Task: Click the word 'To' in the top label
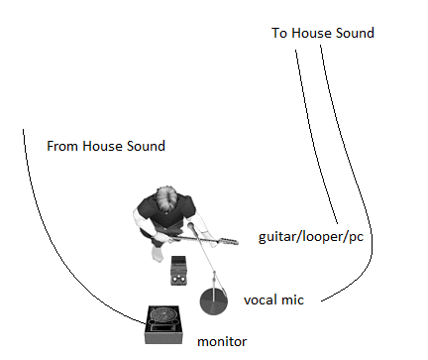(x=279, y=33)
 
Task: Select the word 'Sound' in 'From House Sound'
(x=144, y=146)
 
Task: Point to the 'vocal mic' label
(x=272, y=298)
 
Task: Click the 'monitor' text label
(x=222, y=341)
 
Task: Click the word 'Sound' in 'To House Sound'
(x=355, y=33)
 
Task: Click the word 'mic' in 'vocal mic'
(x=292, y=298)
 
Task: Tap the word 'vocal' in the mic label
(x=261, y=298)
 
